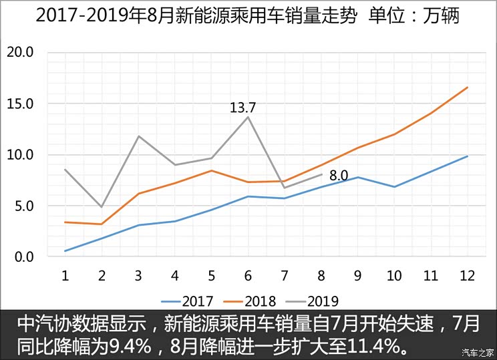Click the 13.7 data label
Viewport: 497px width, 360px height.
243,107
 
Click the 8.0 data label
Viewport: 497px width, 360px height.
339,176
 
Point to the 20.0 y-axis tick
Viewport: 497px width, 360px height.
20,53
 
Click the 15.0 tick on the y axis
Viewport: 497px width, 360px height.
20,104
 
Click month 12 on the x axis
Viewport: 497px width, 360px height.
466,275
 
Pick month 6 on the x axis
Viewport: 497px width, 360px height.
248,275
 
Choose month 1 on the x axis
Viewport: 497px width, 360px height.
65,275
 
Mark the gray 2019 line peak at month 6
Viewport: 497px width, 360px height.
248,117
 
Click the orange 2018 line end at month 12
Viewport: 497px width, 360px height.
467,87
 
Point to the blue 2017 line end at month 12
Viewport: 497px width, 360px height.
467,156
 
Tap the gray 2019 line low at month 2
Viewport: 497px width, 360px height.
102,207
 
